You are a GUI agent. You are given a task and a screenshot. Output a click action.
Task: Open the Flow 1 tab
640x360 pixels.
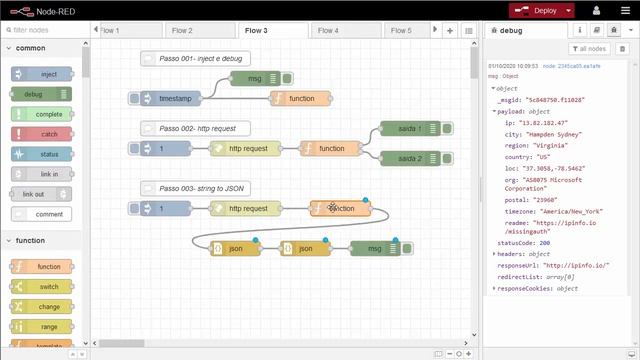pos(110,31)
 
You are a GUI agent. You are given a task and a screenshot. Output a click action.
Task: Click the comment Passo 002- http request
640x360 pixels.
pos(195,129)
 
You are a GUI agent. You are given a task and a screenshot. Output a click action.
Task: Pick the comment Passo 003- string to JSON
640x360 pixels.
pos(195,189)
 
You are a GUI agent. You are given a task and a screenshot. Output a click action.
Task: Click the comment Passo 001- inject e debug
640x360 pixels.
pos(195,60)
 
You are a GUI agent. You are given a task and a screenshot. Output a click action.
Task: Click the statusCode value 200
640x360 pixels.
pos(543,243)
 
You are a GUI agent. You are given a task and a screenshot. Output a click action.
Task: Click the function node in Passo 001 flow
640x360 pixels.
pos(300,99)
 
